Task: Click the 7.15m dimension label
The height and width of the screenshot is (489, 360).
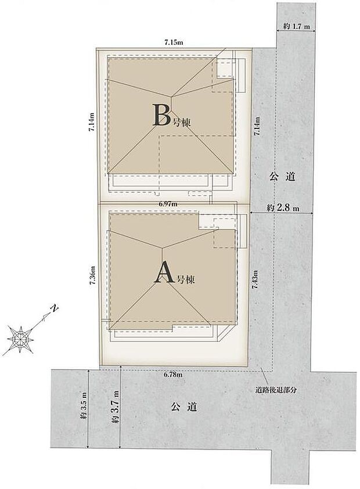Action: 174,42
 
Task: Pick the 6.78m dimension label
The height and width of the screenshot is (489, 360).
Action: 173,375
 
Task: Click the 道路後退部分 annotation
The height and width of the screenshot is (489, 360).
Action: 276,391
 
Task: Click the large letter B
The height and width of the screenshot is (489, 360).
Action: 160,115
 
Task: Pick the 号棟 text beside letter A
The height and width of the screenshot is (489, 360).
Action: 185,279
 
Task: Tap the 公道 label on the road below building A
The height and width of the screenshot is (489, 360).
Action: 184,407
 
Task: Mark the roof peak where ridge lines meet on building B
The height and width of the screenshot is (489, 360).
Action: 171,98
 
